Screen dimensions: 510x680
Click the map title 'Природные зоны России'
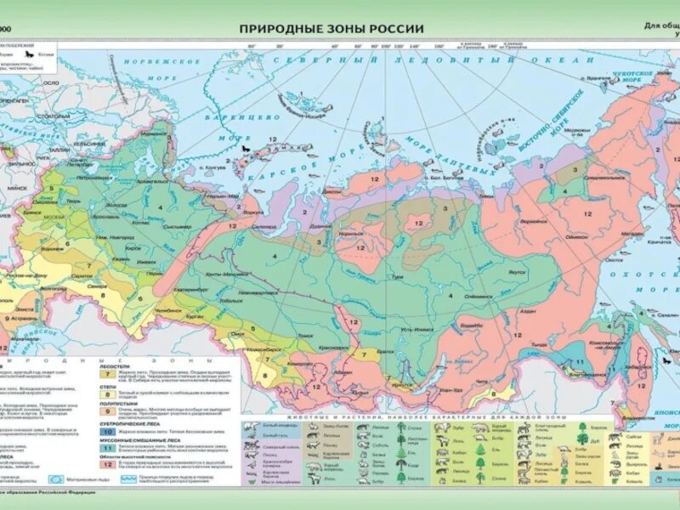tap(331, 28)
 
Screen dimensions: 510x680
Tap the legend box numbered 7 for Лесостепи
tap(107, 372)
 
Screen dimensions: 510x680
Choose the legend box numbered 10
tap(107, 432)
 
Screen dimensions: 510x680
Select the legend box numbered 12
tap(107, 464)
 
